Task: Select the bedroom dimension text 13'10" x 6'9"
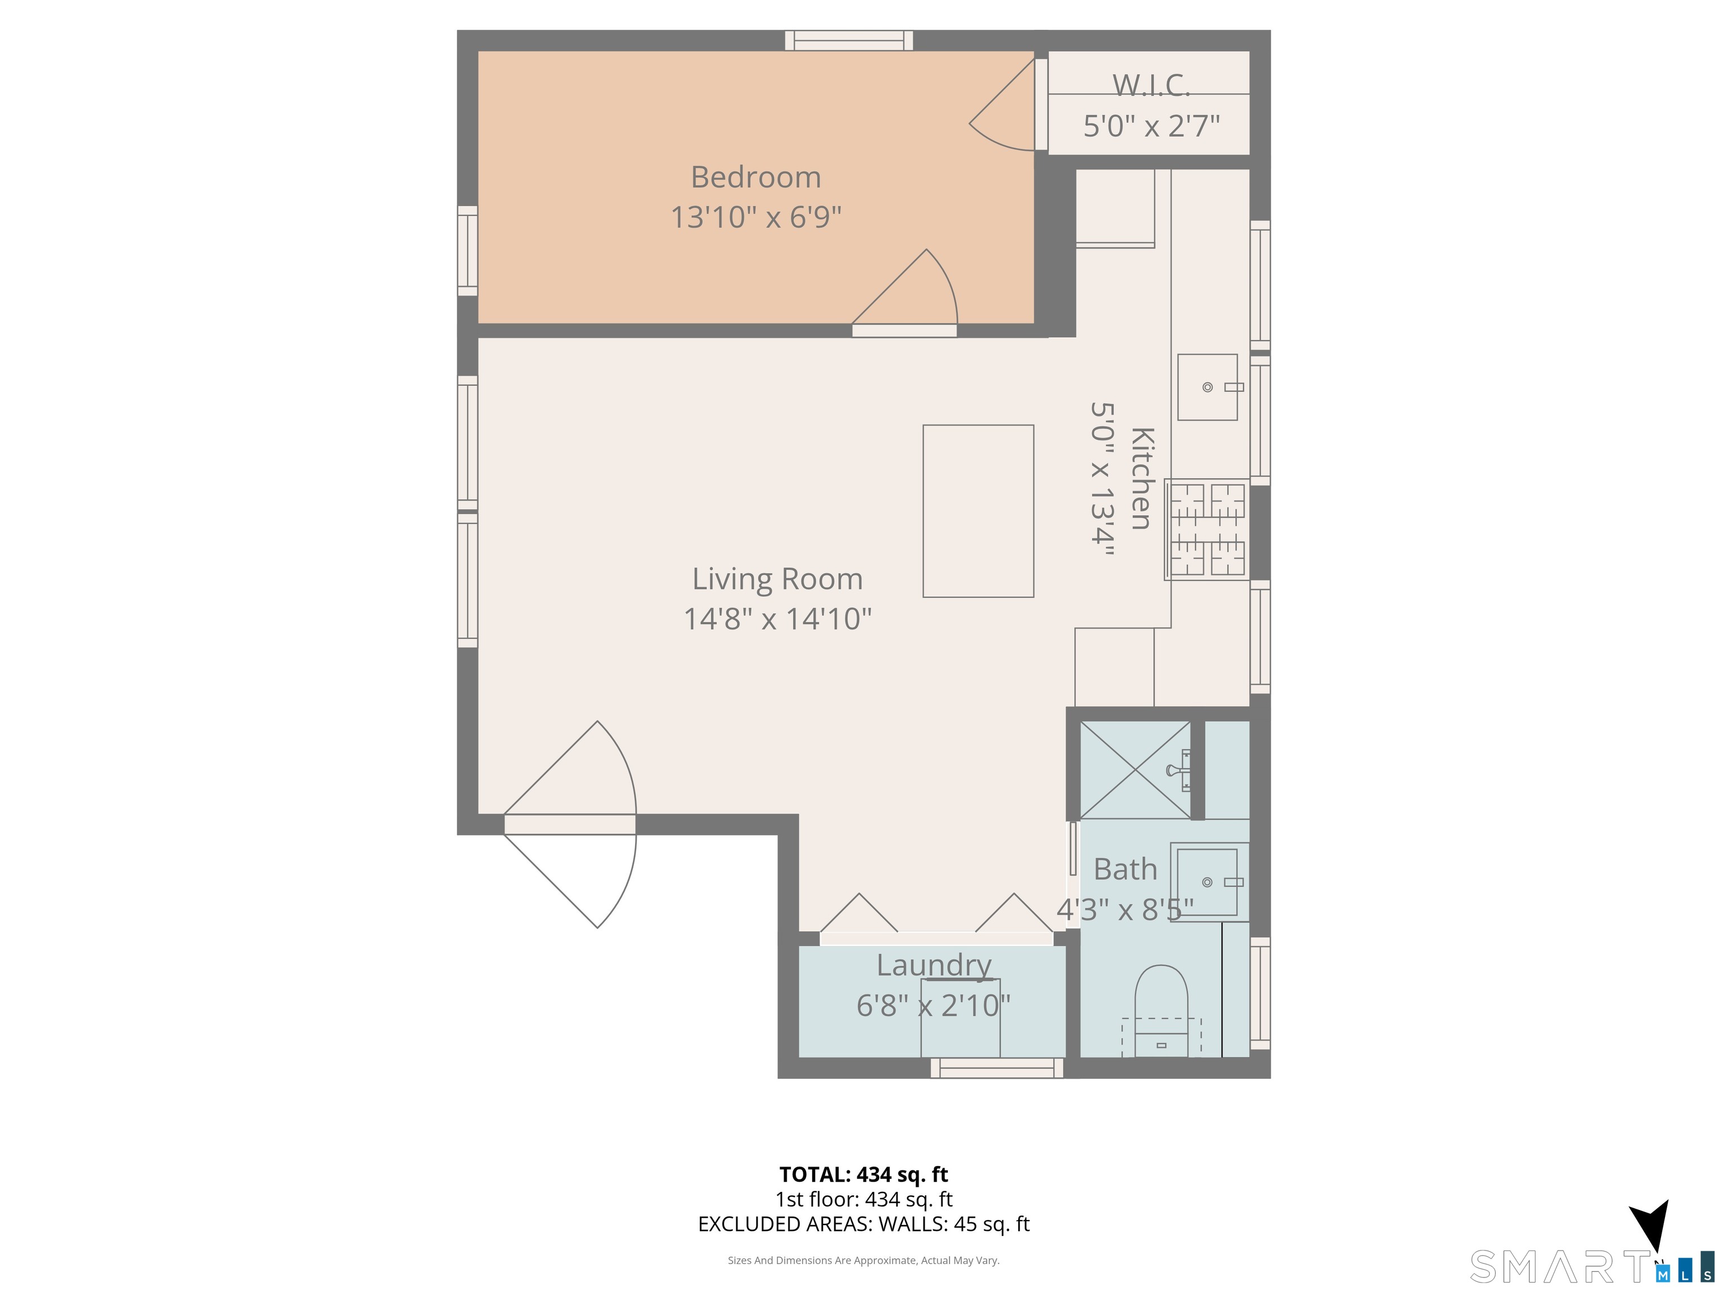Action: [755, 217]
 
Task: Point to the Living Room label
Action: [777, 579]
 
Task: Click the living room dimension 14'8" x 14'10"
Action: [777, 619]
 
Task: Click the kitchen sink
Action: [1208, 386]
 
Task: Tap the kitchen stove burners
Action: [1207, 529]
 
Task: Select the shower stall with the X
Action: [1135, 769]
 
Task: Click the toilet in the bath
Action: [1161, 1011]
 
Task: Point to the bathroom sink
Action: [1208, 882]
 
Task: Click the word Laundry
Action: [934, 966]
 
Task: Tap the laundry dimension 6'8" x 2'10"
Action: [934, 1005]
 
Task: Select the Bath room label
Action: [1125, 868]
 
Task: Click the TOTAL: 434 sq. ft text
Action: [863, 1174]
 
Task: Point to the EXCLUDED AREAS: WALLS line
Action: [863, 1224]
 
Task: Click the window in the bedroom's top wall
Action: [849, 40]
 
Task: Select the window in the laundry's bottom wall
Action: [997, 1068]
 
